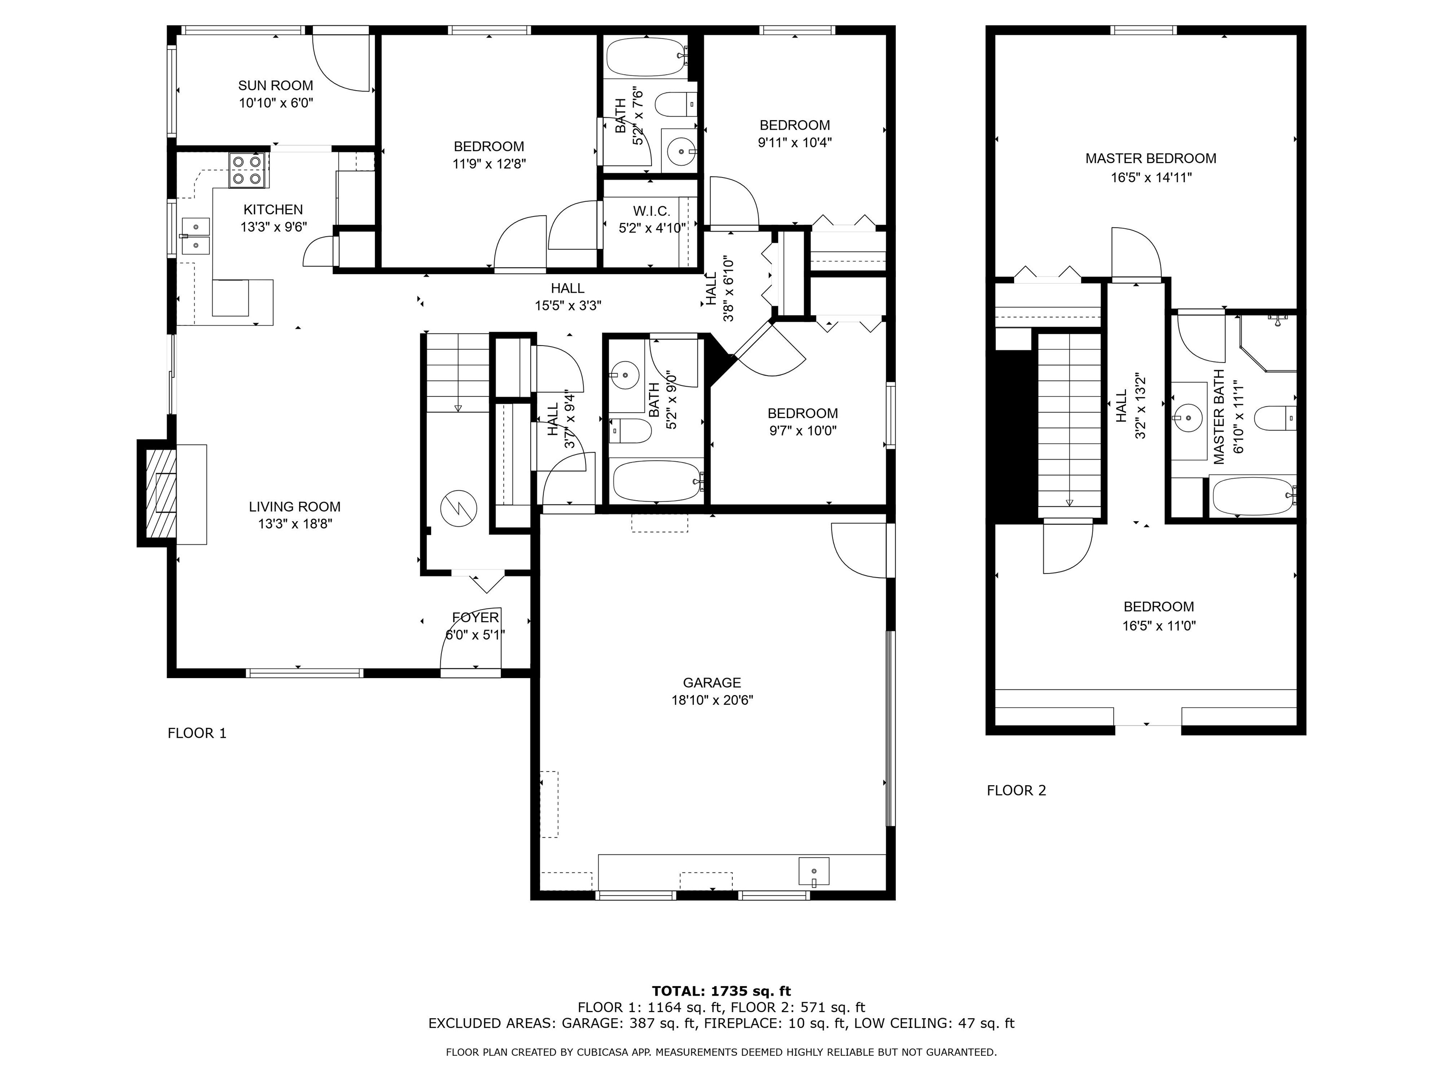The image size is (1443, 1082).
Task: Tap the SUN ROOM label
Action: click(275, 85)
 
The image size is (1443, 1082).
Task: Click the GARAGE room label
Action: click(712, 683)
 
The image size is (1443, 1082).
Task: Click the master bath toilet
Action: click(1275, 418)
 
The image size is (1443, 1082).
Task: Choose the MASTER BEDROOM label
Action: click(1151, 158)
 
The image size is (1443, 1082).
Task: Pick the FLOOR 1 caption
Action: click(197, 733)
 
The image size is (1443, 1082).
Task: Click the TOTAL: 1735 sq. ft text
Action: click(721, 992)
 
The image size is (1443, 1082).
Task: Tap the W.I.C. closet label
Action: click(651, 211)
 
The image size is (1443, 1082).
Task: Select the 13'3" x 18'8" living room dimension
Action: click(295, 524)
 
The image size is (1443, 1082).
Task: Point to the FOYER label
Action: click(475, 618)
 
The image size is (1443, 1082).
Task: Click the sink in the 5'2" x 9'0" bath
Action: click(625, 375)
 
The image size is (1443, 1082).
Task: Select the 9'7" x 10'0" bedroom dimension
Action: click(802, 431)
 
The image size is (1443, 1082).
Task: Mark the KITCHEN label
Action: click(273, 209)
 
